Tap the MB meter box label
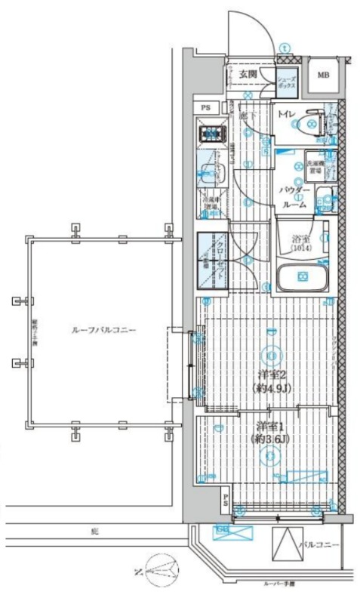point(322,75)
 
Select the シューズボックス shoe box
point(286,83)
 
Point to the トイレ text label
point(286,115)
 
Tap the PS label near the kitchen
point(206,108)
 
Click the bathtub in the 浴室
point(302,279)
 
